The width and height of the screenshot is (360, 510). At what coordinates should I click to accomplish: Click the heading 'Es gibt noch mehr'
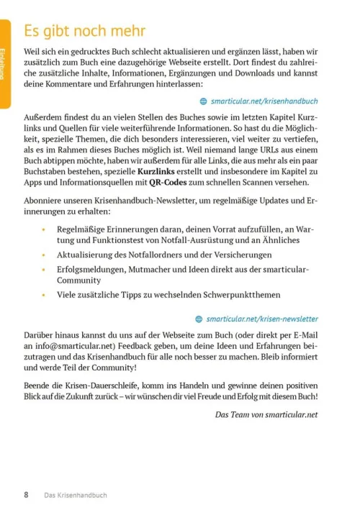84,32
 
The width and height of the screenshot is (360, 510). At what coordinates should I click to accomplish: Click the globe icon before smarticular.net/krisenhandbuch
203,101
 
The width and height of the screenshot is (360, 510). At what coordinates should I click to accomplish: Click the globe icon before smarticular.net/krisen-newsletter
199,318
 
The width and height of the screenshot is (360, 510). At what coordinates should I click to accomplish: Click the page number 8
27,495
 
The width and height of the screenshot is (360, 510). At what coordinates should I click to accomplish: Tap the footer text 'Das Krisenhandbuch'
76,495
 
